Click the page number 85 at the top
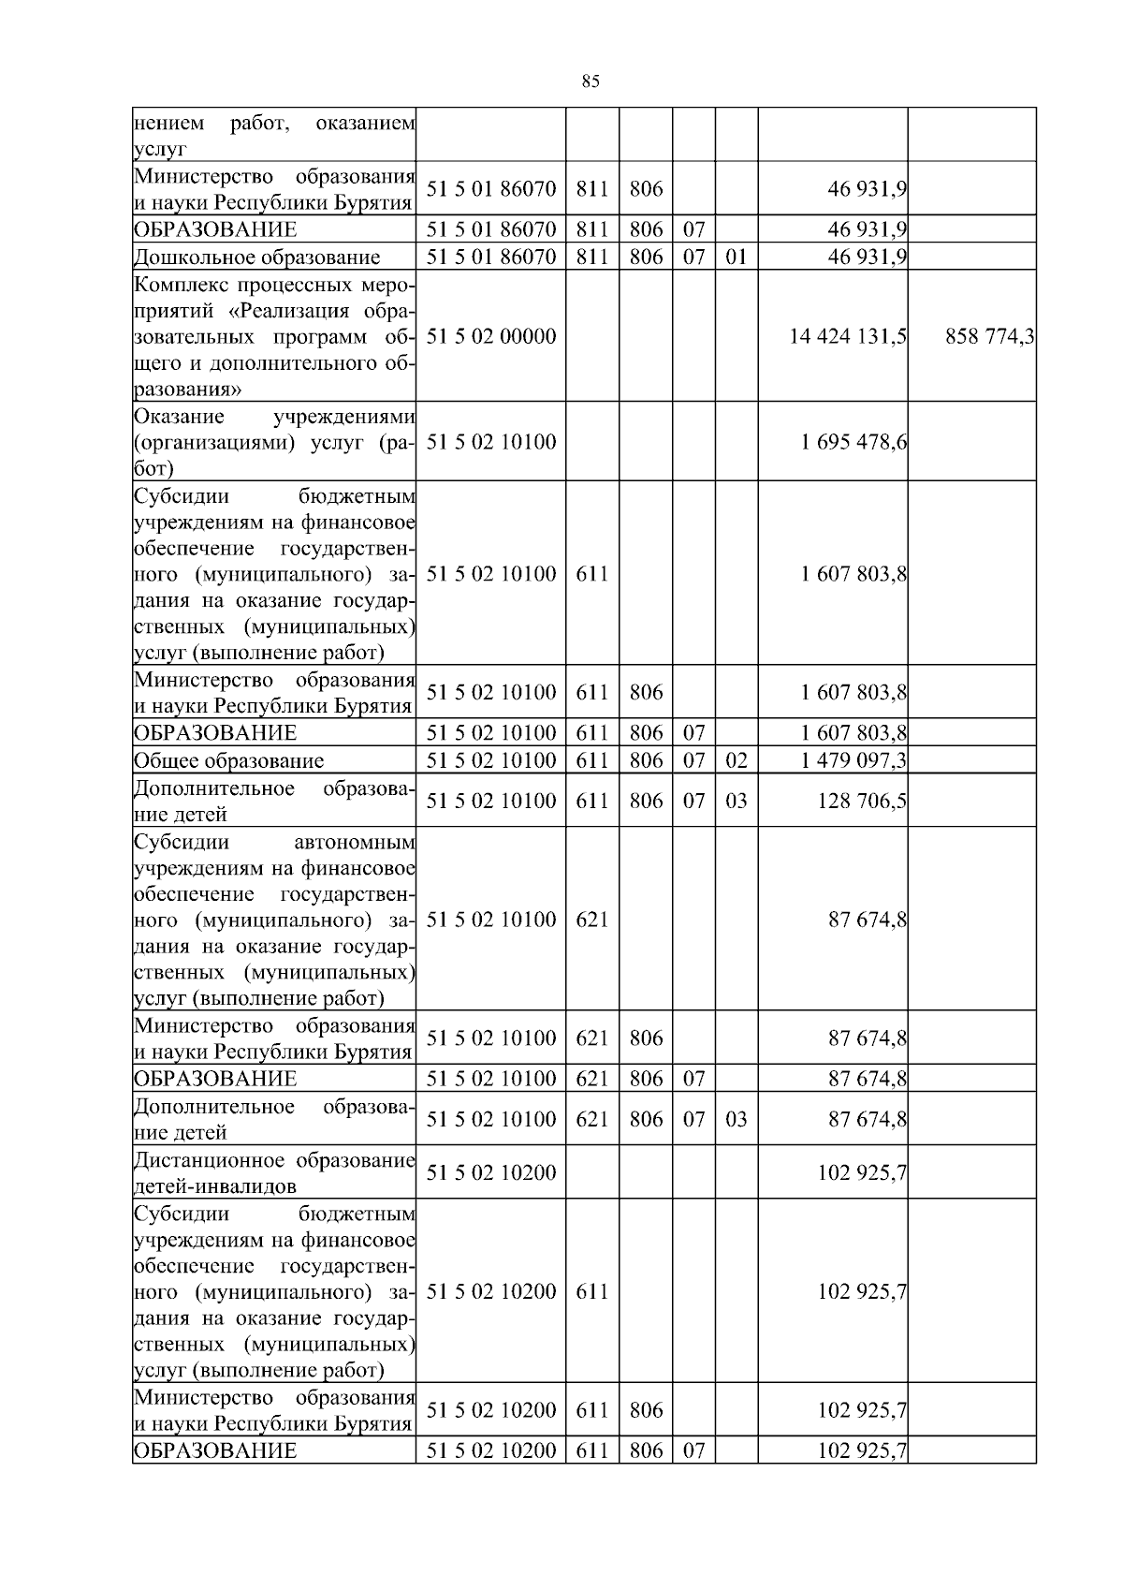tap(590, 81)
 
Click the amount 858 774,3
tap(989, 336)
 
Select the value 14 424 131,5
tap(847, 336)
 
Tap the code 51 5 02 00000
tap(490, 336)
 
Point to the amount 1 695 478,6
tap(853, 442)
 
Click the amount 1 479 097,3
tap(853, 760)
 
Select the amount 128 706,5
tap(861, 801)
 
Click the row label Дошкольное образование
tap(257, 257)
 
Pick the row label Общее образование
tap(229, 760)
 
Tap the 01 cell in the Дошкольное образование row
tap(737, 257)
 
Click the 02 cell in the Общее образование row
tap(737, 760)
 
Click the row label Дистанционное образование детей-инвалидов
tap(274, 1173)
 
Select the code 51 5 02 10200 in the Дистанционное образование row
tap(490, 1172)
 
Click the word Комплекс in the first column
tap(175, 284)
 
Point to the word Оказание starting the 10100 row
tap(179, 416)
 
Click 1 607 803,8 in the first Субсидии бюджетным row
tap(853, 573)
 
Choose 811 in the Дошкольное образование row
tap(591, 257)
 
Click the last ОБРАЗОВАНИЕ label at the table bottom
tap(215, 1450)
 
